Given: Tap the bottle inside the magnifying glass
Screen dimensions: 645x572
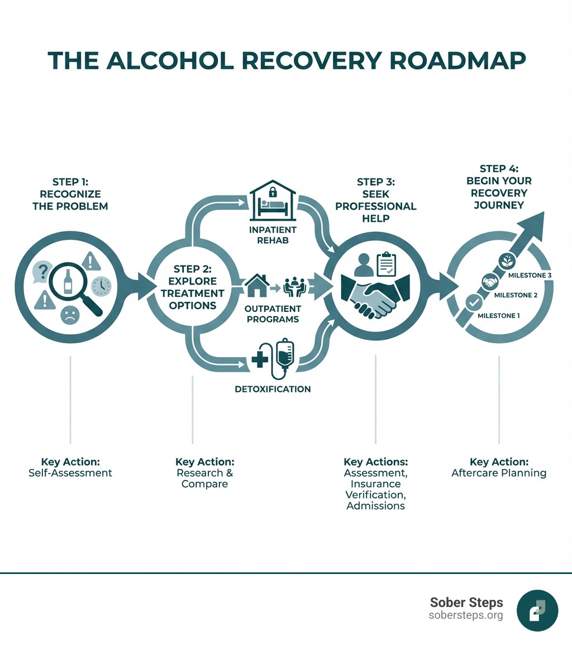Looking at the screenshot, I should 68,281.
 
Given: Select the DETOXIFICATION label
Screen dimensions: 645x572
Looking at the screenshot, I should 273,388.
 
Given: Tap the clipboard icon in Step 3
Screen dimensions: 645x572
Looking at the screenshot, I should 386,263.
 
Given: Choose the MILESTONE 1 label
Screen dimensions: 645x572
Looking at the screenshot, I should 499,316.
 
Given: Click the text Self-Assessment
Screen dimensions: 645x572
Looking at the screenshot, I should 70,473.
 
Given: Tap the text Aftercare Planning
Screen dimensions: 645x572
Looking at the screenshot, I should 499,473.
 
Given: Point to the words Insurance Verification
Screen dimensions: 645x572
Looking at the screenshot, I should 375,489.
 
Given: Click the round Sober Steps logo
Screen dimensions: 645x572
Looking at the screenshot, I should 537,610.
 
